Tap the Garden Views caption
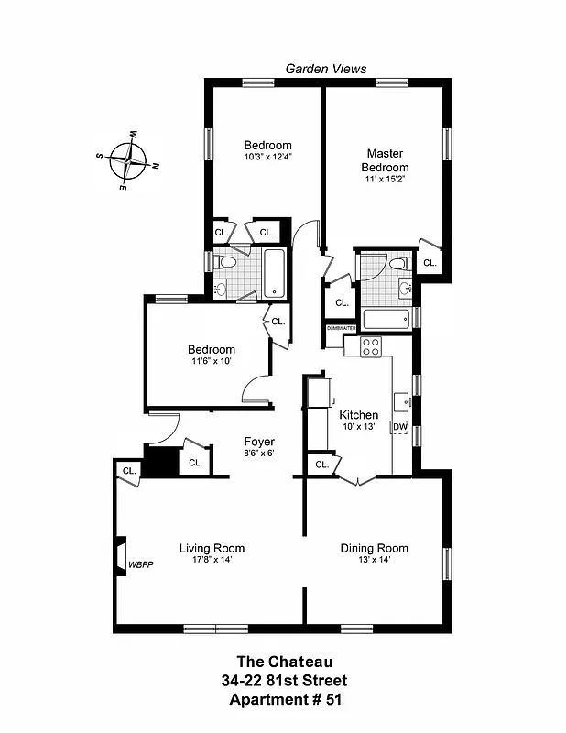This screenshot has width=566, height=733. [x=326, y=69]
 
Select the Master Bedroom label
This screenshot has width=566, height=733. [x=385, y=160]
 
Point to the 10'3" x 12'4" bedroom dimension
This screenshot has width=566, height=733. [x=267, y=158]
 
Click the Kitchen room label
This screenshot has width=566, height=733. [x=358, y=415]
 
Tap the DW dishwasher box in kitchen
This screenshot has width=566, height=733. [x=400, y=427]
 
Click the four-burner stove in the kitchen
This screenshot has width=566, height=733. [x=370, y=346]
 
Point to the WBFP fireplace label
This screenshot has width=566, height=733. [x=140, y=564]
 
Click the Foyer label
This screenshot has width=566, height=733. [x=258, y=442]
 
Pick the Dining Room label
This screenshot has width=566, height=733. [x=374, y=548]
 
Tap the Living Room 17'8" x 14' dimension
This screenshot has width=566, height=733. [x=212, y=560]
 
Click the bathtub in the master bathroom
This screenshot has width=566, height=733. [x=385, y=319]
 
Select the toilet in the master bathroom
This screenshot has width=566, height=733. [x=397, y=264]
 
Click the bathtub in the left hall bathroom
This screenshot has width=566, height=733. [x=274, y=274]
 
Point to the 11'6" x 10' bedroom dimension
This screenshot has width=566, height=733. [x=212, y=361]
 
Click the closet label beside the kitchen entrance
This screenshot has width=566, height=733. [x=321, y=465]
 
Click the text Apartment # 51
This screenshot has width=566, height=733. [x=283, y=700]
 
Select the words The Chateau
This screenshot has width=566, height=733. [x=283, y=661]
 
